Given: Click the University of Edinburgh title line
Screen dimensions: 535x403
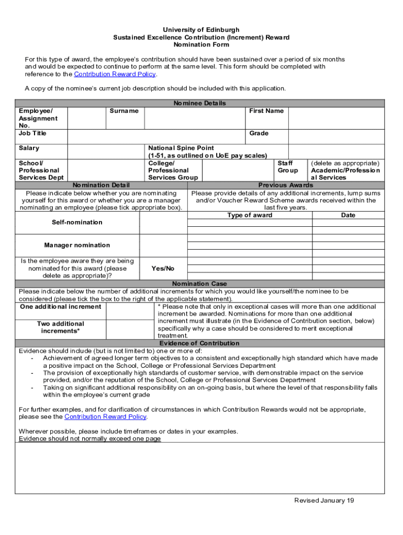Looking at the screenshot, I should [201, 30].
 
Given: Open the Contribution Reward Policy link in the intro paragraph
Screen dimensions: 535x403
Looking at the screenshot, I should [115, 74].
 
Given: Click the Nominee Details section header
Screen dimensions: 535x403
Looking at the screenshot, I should [199, 103].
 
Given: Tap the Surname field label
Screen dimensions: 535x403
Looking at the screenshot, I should [124, 111].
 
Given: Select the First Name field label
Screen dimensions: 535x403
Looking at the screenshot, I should [266, 111].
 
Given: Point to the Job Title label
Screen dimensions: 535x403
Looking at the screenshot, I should [32, 133].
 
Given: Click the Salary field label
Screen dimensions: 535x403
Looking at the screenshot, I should [29, 148].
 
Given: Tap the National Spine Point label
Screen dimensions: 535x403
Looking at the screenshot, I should [181, 148].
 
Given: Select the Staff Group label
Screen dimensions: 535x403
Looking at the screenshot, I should [288, 167].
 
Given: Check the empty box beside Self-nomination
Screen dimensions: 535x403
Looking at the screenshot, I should [163, 223].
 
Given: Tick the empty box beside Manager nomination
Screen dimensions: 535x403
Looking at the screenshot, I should [163, 246].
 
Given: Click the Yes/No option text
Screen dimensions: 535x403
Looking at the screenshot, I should [163, 269].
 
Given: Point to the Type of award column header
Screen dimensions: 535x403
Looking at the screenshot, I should [250, 215].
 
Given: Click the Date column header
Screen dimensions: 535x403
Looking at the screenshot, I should [348, 215].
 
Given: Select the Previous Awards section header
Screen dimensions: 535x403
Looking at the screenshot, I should [286, 185].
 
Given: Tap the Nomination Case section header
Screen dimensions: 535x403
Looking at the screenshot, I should [199, 284].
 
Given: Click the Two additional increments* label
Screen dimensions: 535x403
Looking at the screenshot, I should [61, 328].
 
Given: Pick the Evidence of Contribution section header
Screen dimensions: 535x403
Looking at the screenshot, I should [199, 343].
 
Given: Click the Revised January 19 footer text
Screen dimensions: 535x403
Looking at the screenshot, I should [324, 501].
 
